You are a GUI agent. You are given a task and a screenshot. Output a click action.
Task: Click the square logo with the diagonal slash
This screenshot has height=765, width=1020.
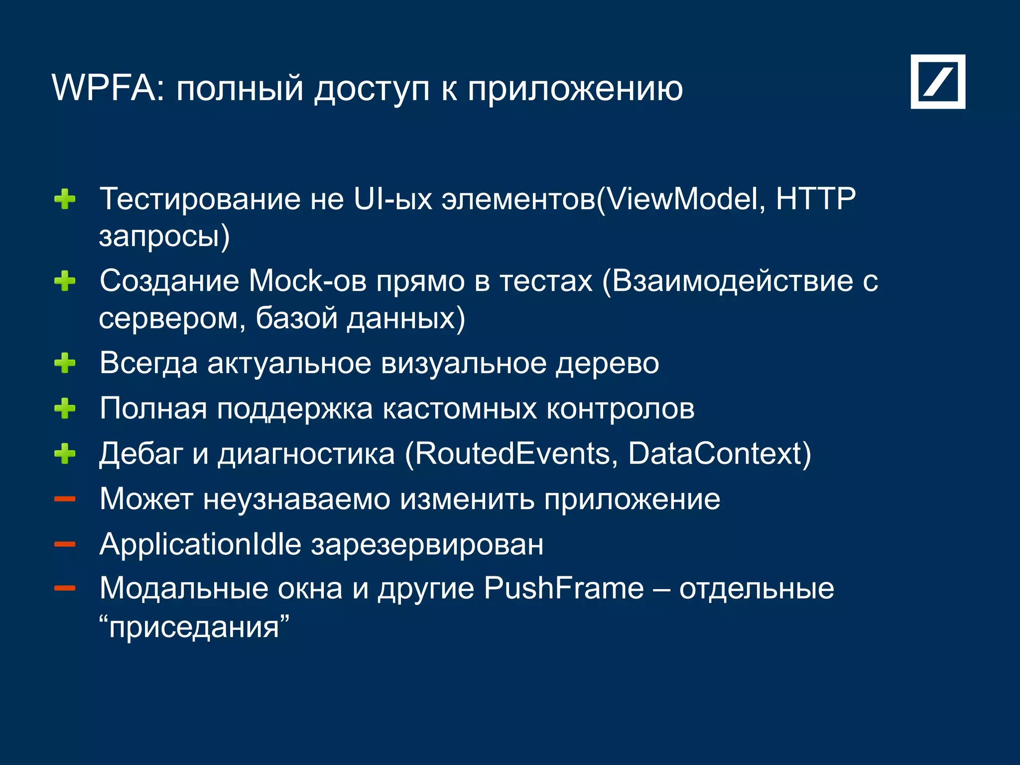[938, 82]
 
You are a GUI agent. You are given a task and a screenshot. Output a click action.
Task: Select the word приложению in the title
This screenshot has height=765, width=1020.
[575, 90]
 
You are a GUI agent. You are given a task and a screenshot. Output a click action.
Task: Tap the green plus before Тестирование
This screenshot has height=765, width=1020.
[65, 200]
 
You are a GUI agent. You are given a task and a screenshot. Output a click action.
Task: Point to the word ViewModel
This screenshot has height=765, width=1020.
[682, 199]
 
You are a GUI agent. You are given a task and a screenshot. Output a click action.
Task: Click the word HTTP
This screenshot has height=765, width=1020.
[815, 199]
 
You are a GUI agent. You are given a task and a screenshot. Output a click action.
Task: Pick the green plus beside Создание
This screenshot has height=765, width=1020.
[65, 281]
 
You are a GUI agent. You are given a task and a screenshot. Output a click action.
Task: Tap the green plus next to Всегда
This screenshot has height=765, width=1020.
[65, 363]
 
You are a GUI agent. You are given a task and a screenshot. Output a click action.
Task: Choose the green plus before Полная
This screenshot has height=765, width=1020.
[65, 409]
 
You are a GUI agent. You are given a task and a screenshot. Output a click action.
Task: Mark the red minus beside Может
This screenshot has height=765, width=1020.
[65, 499]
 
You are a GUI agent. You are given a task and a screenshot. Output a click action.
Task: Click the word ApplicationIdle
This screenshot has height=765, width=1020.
[200, 544]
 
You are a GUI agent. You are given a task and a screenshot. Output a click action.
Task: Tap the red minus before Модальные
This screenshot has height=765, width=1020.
[65, 589]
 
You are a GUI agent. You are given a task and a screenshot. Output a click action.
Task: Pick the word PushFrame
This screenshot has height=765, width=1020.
[564, 589]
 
